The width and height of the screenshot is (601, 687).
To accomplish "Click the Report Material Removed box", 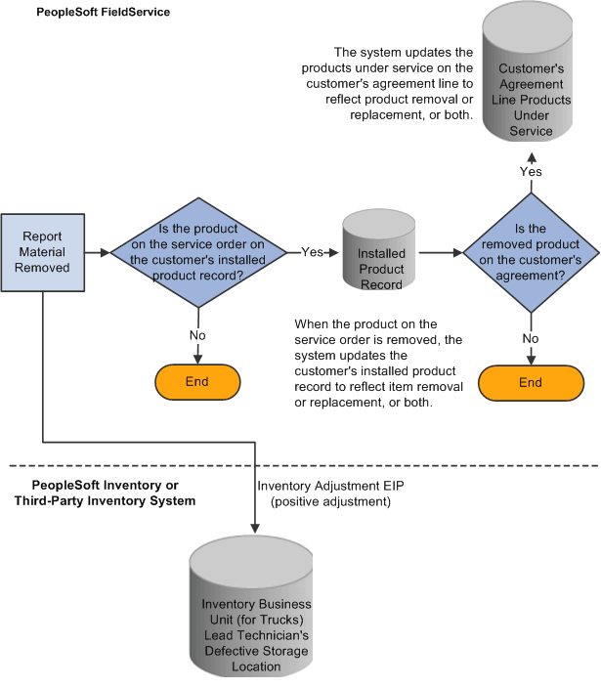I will tap(43, 252).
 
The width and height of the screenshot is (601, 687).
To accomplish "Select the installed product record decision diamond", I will tap(198, 252).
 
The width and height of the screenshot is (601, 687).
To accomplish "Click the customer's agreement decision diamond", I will tap(530, 252).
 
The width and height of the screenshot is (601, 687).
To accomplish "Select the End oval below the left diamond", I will tap(197, 381).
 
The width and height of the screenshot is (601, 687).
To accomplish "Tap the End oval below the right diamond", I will tap(530, 382).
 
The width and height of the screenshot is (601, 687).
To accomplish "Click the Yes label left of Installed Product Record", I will tap(312, 252).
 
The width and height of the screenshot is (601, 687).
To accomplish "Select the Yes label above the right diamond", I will tap(531, 172).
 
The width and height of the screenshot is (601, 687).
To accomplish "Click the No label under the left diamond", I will tap(198, 334).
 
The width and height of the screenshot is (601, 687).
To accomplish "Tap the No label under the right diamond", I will tap(531, 338).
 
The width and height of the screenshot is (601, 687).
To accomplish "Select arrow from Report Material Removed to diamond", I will tap(96, 252).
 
